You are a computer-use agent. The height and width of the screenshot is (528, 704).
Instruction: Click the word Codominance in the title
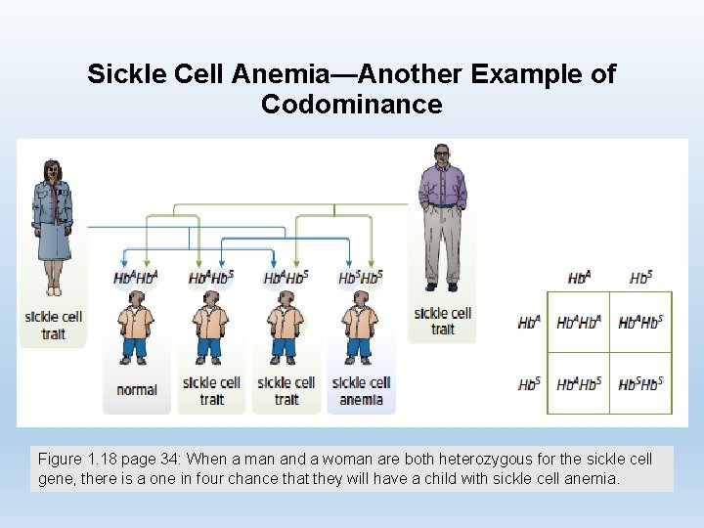[351, 105]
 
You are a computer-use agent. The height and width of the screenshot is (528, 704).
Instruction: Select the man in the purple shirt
[442, 215]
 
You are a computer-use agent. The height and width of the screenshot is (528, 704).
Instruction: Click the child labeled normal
[136, 332]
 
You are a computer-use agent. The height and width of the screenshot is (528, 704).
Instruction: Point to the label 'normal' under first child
[137, 390]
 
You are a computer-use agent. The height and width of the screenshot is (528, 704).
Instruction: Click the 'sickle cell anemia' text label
[361, 390]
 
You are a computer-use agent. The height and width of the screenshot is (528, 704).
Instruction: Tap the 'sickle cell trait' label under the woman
[53, 325]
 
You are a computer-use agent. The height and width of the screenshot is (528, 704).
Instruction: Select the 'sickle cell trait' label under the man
[442, 321]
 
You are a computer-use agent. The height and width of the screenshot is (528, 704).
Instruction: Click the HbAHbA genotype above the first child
[136, 278]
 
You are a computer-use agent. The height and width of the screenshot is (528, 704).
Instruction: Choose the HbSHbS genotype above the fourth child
[361, 278]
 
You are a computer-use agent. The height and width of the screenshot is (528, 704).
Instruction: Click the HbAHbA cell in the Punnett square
[577, 322]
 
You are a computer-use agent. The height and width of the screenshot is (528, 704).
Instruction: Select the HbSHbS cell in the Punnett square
[640, 383]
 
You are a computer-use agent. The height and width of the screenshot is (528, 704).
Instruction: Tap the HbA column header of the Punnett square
[579, 278]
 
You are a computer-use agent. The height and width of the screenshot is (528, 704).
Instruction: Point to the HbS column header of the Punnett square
[640, 278]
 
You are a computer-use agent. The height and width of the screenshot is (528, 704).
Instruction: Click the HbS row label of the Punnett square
[529, 383]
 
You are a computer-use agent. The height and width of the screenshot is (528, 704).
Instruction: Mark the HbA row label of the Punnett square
[529, 322]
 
